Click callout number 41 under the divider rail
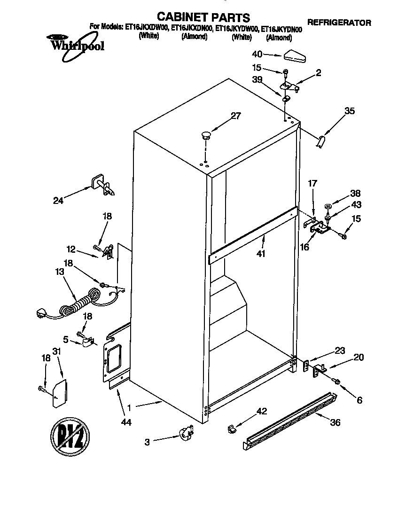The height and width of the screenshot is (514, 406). point(261,254)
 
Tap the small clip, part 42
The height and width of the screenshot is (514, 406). point(232,428)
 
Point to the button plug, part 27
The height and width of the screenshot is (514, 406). point(205,136)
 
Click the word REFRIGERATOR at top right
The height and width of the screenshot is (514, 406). point(339,23)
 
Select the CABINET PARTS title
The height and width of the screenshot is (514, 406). point(203,18)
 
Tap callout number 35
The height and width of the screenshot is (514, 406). point(349,111)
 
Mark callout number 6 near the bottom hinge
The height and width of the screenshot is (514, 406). point(359,400)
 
